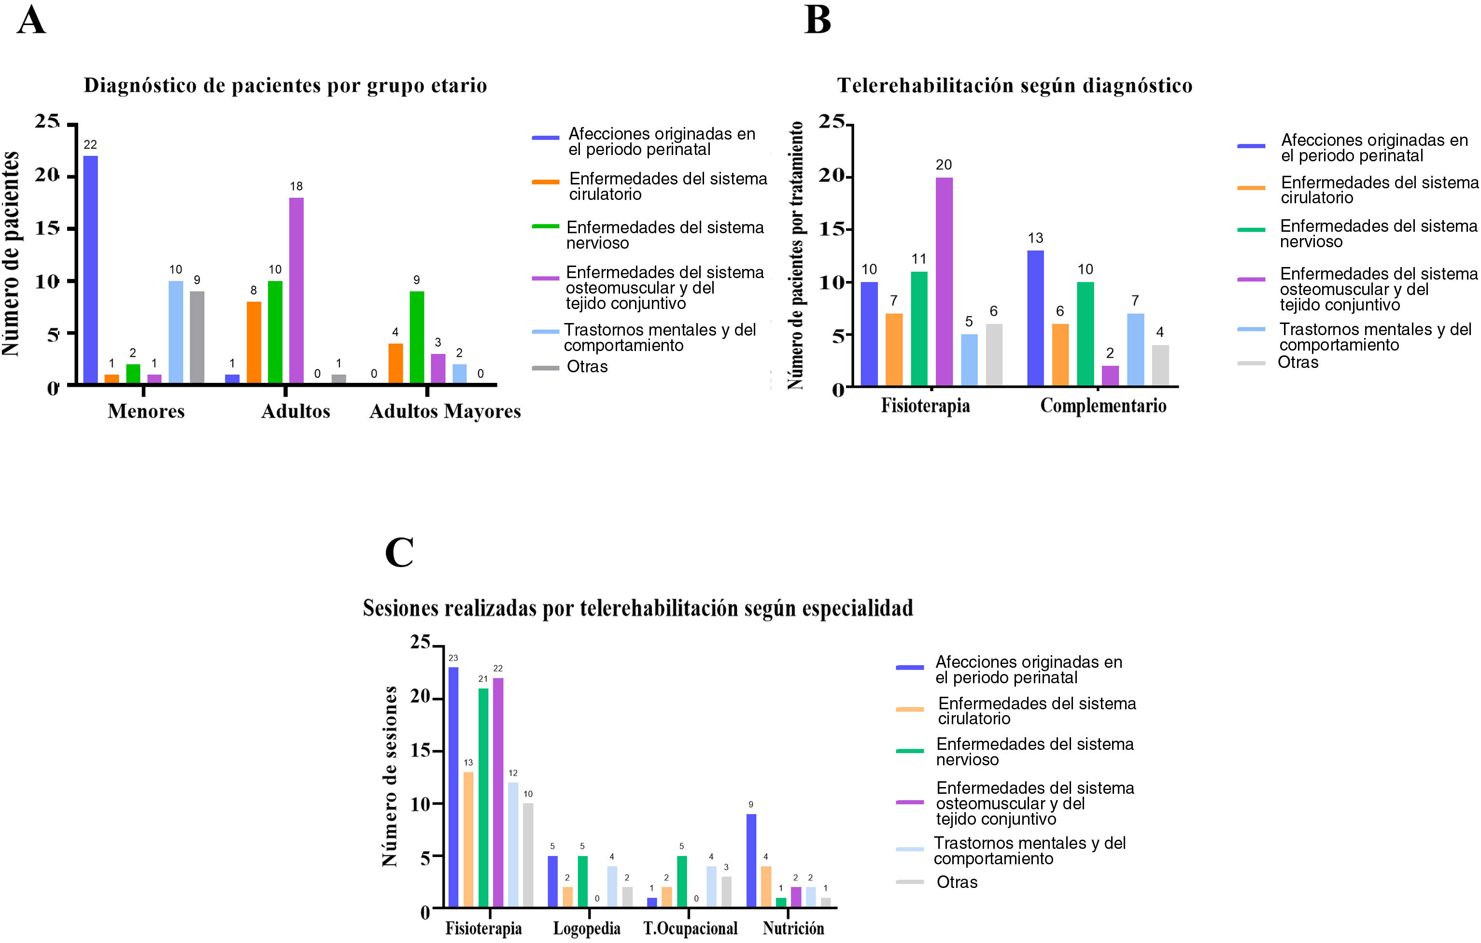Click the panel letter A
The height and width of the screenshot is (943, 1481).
point(31,20)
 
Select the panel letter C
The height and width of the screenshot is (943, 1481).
point(399,552)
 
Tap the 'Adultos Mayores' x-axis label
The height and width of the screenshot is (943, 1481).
point(445,411)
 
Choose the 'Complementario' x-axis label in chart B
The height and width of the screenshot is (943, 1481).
point(1103,406)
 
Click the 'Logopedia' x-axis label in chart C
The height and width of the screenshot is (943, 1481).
point(586,928)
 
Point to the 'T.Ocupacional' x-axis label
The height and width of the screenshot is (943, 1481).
point(690,928)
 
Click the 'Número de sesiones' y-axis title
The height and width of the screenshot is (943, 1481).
point(389,776)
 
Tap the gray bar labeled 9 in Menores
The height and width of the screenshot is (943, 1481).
point(197,337)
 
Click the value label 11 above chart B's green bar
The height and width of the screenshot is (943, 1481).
point(919,259)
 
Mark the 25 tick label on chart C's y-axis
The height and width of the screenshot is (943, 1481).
point(421,642)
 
